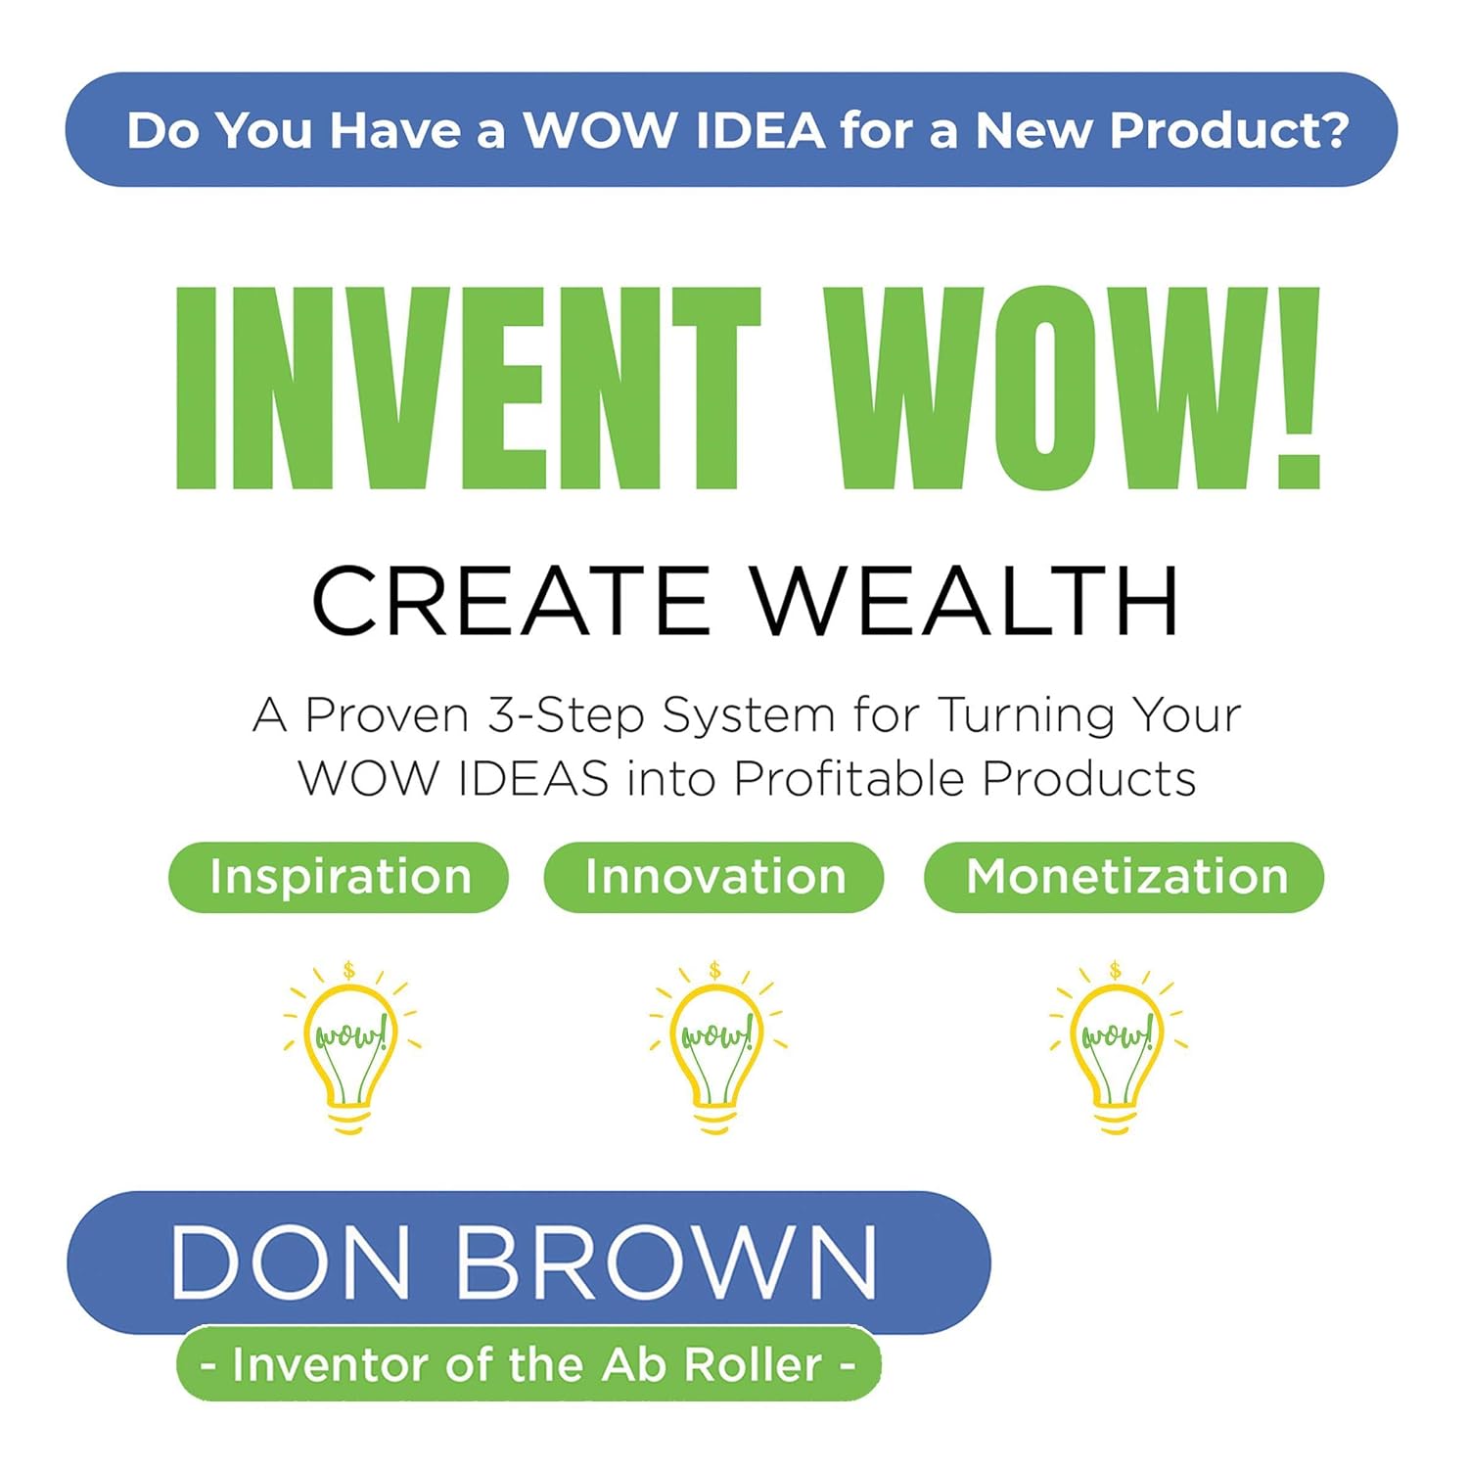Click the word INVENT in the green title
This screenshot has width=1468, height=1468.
(x=468, y=389)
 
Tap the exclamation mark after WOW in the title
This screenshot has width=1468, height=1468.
(x=1299, y=389)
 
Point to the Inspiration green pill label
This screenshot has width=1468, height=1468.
(x=339, y=877)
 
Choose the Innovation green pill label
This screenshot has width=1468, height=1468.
(x=713, y=877)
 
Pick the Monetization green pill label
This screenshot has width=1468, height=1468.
(x=1124, y=877)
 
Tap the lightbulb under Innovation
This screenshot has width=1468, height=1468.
(x=716, y=1052)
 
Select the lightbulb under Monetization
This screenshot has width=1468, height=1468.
(x=1117, y=1052)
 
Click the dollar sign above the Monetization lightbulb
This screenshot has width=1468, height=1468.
(x=1116, y=971)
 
